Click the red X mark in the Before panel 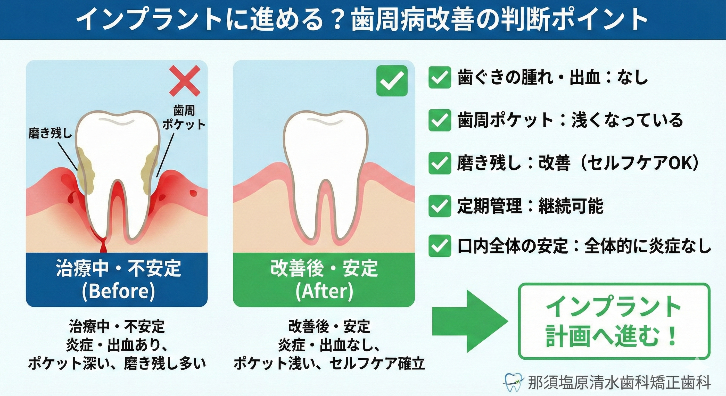tap(185, 81)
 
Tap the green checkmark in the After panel tap(392, 81)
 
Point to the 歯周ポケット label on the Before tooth tap(184, 117)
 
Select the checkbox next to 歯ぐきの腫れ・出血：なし tap(440, 78)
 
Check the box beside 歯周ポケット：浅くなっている tap(440, 120)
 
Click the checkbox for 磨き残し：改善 tap(440, 163)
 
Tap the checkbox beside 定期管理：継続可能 tap(440, 206)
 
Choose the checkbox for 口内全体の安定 tap(440, 246)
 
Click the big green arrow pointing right tap(470, 321)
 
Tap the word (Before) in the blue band tap(118, 291)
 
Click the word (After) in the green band tap(324, 291)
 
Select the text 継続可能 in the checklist tap(571, 206)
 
